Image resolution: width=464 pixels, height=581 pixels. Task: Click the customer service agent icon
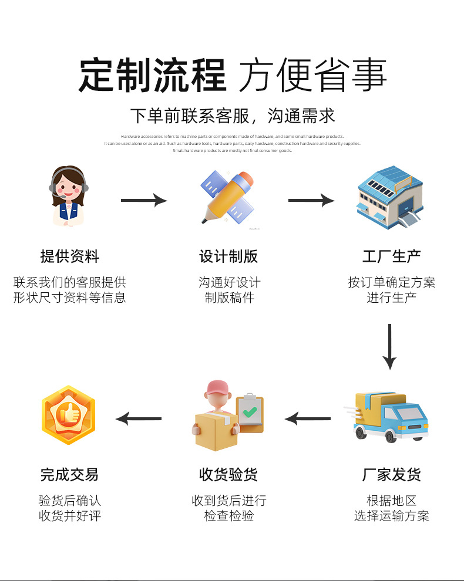click(69, 195)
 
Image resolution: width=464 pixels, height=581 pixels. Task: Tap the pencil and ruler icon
click(228, 197)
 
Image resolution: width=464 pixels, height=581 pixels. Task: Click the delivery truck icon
click(391, 416)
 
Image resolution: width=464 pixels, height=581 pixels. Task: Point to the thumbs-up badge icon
click(68, 416)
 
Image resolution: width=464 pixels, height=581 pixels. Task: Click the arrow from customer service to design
click(144, 201)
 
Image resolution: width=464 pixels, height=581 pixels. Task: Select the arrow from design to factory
click(311, 201)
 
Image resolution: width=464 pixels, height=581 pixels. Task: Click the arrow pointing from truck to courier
click(308, 418)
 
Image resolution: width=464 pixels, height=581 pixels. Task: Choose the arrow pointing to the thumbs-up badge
click(139, 418)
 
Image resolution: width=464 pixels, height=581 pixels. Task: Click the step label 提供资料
click(69, 256)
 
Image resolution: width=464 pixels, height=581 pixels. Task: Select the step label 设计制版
click(228, 256)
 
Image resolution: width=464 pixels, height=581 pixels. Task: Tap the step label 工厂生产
click(391, 256)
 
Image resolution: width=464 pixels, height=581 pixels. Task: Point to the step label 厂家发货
click(391, 474)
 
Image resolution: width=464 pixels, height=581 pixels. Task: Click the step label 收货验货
click(228, 474)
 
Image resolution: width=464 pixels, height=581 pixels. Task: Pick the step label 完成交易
click(69, 474)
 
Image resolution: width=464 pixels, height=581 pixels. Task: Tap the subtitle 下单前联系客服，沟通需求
click(232, 116)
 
